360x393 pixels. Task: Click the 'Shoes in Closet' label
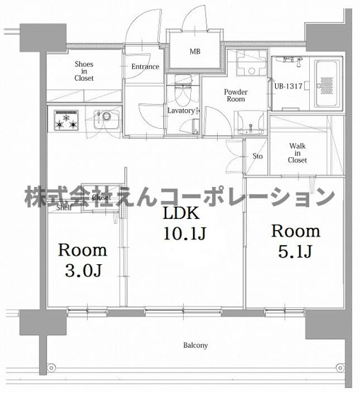83,70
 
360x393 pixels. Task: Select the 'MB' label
193,52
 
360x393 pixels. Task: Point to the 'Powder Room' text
235,96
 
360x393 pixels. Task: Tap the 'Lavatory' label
181,110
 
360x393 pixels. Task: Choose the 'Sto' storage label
257,156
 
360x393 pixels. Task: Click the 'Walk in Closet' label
297,153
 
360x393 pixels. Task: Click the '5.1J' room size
296,253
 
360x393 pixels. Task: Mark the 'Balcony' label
195,346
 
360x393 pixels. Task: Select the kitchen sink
103,118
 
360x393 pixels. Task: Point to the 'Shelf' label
64,208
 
